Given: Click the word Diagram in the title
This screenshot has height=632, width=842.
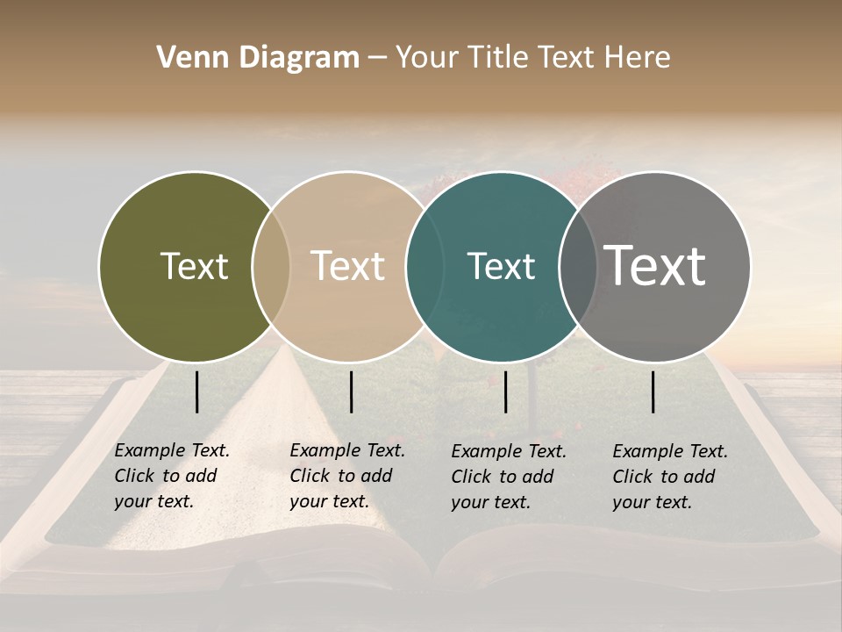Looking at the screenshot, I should click(298, 58).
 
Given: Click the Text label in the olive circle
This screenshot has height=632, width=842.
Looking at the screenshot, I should click(194, 266).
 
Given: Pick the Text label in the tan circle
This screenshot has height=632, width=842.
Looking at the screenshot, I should click(348, 266).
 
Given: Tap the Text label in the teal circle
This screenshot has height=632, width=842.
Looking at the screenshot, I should click(501, 266).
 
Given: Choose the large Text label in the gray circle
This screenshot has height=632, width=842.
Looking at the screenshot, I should click(655, 265).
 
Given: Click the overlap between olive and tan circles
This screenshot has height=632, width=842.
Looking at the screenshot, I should click(271, 267).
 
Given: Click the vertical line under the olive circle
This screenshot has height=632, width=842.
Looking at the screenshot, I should click(197, 391).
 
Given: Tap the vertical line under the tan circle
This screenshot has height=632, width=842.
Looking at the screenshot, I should click(351, 391).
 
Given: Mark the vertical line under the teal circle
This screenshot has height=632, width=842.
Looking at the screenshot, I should click(506, 391).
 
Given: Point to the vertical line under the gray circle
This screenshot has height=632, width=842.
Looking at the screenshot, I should click(653, 391).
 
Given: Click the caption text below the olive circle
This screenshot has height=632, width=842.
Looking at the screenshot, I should click(171, 476).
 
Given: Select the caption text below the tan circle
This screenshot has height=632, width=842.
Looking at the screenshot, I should click(346, 476).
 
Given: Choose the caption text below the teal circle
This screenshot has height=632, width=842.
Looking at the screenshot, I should click(508, 477).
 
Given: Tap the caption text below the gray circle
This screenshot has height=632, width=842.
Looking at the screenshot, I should click(669, 477).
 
